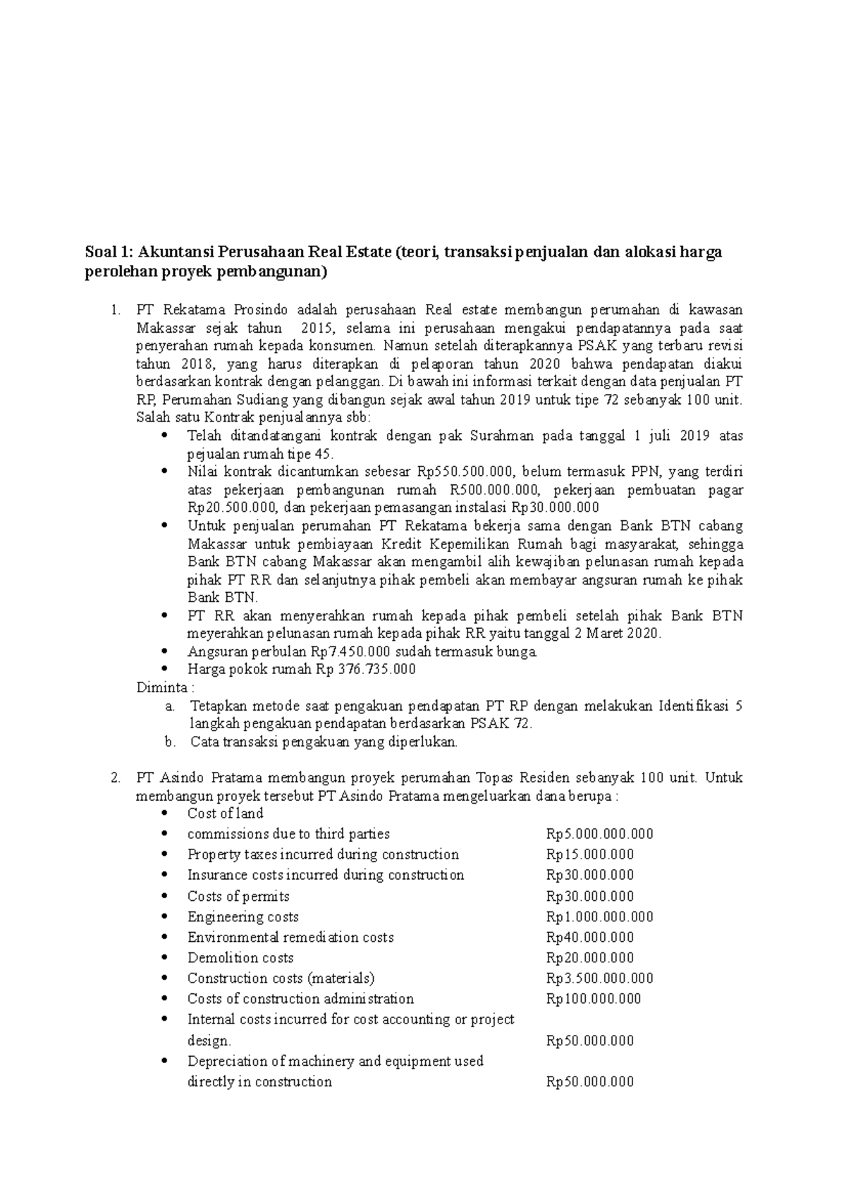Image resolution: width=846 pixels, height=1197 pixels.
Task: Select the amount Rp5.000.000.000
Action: coord(599,834)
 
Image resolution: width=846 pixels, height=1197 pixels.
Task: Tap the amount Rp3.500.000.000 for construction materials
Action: coord(599,978)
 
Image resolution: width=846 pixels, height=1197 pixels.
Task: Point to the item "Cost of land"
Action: coord(225,814)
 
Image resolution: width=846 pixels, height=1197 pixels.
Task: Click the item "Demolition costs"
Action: coord(240,958)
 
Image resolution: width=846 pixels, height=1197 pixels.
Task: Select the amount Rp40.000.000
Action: coord(589,938)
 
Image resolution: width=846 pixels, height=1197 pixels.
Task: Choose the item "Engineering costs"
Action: coord(243,917)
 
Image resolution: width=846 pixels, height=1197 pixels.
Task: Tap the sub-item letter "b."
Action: coord(168,742)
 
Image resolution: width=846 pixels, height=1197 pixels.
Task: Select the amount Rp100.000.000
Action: coord(594,999)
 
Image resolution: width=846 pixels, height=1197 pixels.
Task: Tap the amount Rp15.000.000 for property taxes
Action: coord(589,854)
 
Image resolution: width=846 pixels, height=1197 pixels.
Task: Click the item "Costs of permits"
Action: coord(238,897)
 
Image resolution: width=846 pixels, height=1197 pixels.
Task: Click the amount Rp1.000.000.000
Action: coord(599,917)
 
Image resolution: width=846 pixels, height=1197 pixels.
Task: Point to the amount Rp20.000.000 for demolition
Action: coord(589,958)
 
